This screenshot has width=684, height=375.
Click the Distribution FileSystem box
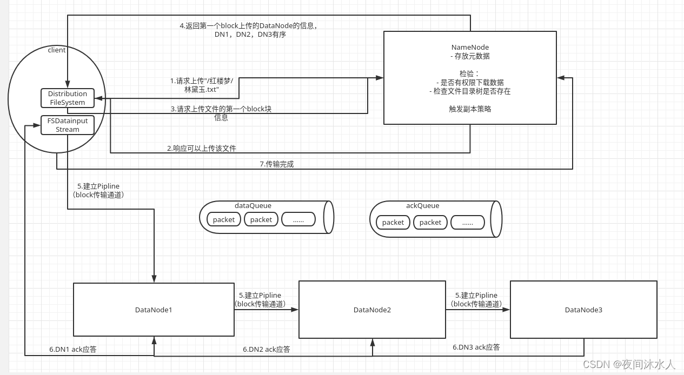[x=68, y=98]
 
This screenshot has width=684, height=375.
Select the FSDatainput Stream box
[x=68, y=125]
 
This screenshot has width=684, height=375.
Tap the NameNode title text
[x=470, y=47]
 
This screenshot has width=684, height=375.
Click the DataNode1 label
[x=154, y=310]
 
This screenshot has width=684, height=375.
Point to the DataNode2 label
[x=372, y=310]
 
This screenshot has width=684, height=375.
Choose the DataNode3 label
[x=583, y=310]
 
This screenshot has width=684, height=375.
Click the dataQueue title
[x=253, y=205]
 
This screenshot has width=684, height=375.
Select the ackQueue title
[x=422, y=205]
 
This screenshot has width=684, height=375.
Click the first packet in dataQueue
[x=224, y=219]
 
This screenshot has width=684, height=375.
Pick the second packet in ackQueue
[x=430, y=222]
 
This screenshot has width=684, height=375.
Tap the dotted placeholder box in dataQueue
[x=298, y=219]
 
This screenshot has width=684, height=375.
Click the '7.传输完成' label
[x=276, y=164]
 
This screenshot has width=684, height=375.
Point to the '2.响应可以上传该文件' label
[x=201, y=148]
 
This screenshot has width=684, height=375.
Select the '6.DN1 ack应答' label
[x=73, y=349]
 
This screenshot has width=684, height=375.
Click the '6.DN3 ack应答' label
[x=476, y=347]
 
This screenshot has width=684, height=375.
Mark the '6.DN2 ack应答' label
[x=266, y=349]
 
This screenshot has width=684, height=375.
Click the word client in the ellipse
[x=57, y=50]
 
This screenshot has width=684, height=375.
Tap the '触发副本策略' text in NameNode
[x=470, y=109]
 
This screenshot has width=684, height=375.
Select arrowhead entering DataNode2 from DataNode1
[x=296, y=310]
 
